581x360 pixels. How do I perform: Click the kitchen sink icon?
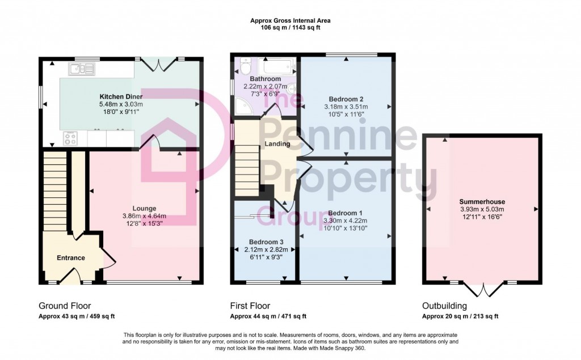pyautogui.click(x=82, y=69)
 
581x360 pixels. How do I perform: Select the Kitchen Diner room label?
pyautogui.click(x=121, y=96)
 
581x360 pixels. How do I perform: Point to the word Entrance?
pyautogui.click(x=70, y=258)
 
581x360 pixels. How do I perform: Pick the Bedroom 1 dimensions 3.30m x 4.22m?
pyautogui.click(x=345, y=221)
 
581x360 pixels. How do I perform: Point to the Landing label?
pyautogui.click(x=277, y=144)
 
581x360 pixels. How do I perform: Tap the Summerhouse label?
pyautogui.click(x=482, y=202)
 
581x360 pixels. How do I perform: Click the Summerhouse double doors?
pyautogui.click(x=483, y=289)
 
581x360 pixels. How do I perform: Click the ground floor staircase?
pyautogui.click(x=55, y=193)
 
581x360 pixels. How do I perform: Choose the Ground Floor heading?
pyautogui.click(x=65, y=306)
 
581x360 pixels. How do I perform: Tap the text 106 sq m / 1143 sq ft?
pyautogui.click(x=290, y=27)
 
